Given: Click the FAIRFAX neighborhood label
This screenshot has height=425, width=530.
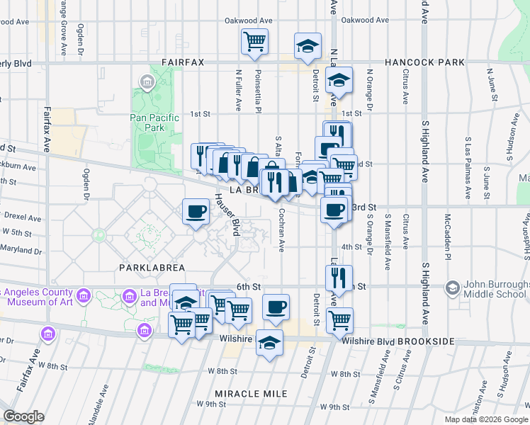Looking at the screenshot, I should pos(182,62).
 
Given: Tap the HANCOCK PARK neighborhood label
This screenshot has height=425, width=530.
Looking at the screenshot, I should pos(424,62).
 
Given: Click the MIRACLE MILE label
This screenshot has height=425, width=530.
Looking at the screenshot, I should pos(252,393).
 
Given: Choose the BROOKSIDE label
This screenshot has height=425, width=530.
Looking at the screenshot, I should pos(426,341).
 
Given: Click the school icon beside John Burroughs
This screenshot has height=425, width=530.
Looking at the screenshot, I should pos(452,287).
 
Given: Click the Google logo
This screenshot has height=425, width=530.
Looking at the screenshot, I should pos(23,416).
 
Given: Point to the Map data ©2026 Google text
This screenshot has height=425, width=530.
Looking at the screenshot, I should pos(486,419).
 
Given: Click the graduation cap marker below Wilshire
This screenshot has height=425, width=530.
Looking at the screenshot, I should pos(269,344).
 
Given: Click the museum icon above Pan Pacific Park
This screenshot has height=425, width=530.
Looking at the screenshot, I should pos(147,84).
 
